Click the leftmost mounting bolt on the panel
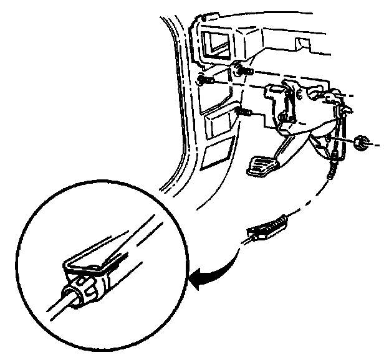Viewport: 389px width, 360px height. coord(204,80)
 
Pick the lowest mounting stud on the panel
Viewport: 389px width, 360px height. coord(244,113)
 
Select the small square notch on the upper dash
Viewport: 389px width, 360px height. coord(304,45)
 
